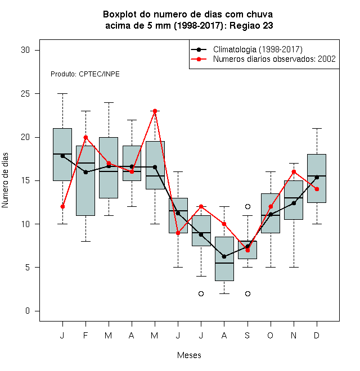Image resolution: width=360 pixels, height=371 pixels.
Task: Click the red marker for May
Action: click(x=155, y=111)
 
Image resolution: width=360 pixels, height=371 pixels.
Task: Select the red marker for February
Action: click(x=85, y=137)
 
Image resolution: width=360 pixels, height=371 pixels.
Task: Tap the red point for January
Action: click(x=62, y=206)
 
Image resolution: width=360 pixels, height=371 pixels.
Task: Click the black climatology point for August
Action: click(x=224, y=256)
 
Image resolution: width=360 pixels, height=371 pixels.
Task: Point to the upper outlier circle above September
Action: click(x=247, y=206)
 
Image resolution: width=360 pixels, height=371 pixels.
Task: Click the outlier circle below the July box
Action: click(x=201, y=293)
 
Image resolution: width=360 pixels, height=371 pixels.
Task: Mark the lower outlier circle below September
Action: click(x=247, y=293)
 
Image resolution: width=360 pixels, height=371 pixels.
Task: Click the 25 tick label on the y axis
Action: click(x=25, y=94)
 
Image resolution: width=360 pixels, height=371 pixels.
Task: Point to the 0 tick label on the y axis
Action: click(x=28, y=311)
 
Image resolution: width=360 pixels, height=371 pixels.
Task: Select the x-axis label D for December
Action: click(x=317, y=335)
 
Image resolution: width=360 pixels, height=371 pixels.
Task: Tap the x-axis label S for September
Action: click(x=247, y=335)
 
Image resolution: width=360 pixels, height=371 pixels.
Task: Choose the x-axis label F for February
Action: click(x=85, y=335)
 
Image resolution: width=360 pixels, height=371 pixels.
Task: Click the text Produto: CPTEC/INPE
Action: click(x=85, y=74)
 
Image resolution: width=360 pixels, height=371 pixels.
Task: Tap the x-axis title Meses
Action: click(x=189, y=355)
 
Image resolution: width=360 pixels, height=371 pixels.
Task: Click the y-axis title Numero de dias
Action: click(x=5, y=180)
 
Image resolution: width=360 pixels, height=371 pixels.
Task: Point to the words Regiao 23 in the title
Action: click(x=251, y=25)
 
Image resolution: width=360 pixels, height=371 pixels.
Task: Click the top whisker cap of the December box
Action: click(x=317, y=128)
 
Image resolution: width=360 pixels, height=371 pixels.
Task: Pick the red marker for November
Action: click(x=294, y=172)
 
